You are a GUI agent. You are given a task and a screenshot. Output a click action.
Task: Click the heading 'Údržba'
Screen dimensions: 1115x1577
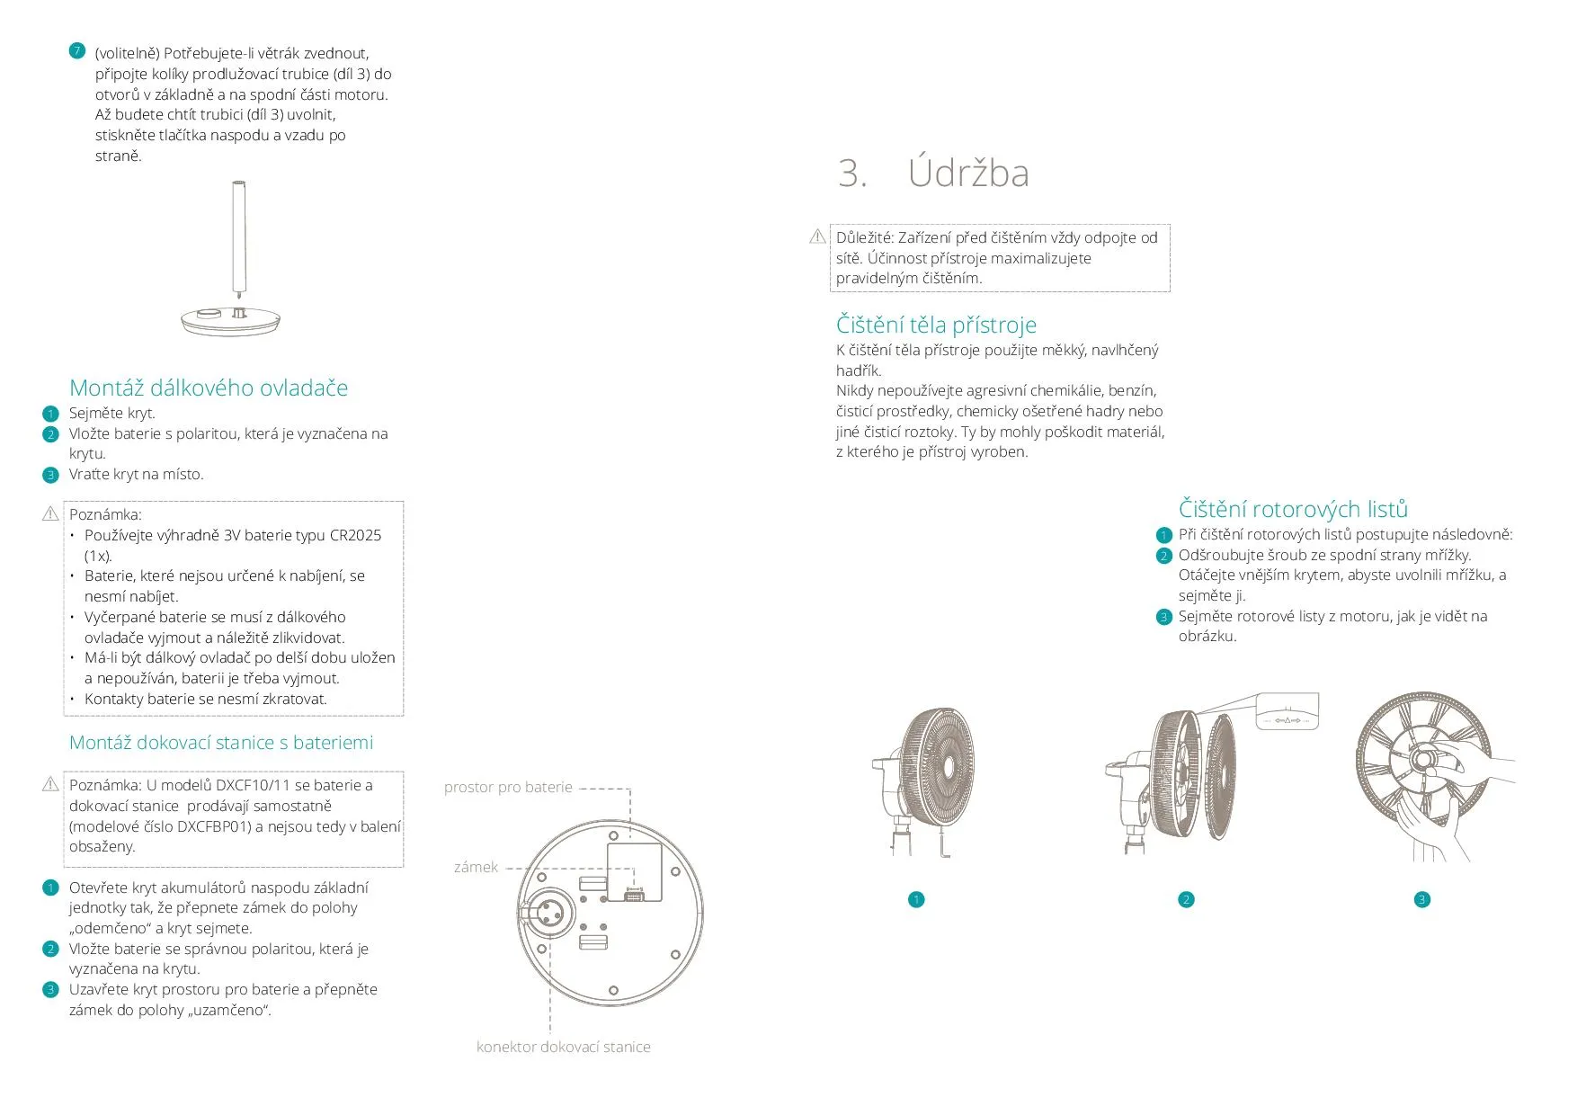tap(967, 173)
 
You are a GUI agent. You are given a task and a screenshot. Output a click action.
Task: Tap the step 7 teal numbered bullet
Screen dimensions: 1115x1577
tap(77, 51)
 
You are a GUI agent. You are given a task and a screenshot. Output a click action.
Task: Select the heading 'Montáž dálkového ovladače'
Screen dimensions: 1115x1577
tap(209, 388)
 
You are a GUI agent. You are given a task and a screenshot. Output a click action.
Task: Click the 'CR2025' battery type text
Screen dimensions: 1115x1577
tap(355, 535)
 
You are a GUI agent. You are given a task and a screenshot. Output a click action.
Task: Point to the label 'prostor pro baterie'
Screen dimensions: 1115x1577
tap(508, 788)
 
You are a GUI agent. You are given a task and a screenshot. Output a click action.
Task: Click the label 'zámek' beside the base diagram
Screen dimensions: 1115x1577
tap(476, 868)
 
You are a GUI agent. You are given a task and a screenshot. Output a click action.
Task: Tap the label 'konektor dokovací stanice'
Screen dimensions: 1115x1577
tap(563, 1047)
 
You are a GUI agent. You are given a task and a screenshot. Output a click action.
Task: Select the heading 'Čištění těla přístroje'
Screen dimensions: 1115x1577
tap(936, 325)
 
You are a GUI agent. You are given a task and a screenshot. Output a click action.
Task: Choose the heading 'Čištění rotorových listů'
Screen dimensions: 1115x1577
tap(1293, 509)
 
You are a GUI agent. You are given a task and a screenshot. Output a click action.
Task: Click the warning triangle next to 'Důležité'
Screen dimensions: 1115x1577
tap(817, 236)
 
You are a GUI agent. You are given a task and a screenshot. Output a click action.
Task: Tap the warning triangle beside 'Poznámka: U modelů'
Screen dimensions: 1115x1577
tap(50, 785)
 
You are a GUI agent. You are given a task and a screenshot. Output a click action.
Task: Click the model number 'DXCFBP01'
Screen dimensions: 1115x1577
tap(214, 826)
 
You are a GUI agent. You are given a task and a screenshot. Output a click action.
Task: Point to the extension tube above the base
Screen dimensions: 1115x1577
tap(239, 238)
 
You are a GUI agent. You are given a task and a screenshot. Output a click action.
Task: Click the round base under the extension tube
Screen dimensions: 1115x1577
tap(231, 321)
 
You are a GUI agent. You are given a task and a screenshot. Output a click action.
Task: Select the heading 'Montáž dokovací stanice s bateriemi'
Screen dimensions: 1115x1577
tap(221, 743)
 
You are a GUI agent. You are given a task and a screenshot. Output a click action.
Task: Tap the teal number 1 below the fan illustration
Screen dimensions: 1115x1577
tap(916, 900)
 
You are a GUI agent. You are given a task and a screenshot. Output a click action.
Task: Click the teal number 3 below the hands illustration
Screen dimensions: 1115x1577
tap(1421, 900)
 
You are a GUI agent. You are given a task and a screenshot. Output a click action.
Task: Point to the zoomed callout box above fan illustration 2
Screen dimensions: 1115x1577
tap(1287, 711)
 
